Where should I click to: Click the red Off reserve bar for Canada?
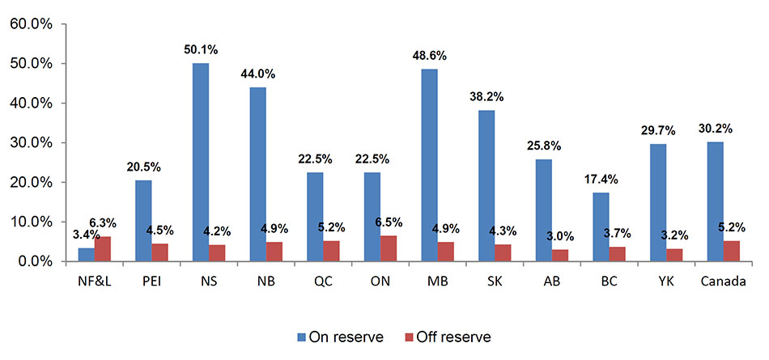click(x=731, y=251)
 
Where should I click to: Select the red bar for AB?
click(x=559, y=256)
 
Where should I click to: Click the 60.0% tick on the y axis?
click(x=31, y=24)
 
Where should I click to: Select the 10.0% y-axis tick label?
click(x=31, y=222)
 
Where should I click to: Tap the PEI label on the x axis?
click(x=151, y=282)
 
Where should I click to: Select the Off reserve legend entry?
click(x=450, y=336)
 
